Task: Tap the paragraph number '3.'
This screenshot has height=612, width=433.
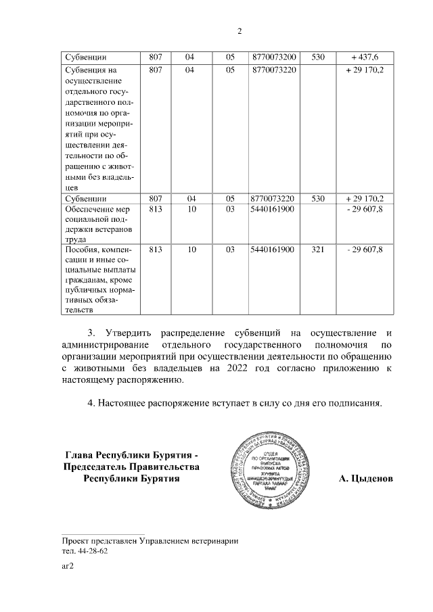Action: click(x=93, y=332)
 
